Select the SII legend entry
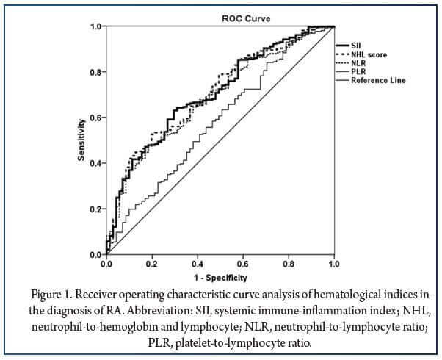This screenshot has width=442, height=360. pyautogui.click(x=355, y=46)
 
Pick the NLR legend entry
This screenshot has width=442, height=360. pyautogui.click(x=358, y=63)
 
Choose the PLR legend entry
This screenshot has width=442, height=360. pyautogui.click(x=358, y=71)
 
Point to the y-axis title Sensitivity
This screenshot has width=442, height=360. pyautogui.click(x=82, y=140)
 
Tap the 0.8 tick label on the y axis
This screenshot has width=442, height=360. pyautogui.click(x=95, y=72)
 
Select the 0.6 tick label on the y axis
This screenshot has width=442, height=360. pyautogui.click(x=95, y=118)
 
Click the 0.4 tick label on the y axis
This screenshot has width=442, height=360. pyautogui.click(x=95, y=163)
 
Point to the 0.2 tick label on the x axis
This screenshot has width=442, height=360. pyautogui.click(x=152, y=263)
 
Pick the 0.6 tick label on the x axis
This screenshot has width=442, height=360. pyautogui.click(x=243, y=263)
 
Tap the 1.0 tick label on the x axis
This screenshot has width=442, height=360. pyautogui.click(x=334, y=263)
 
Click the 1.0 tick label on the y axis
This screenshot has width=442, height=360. pyautogui.click(x=95, y=26)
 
